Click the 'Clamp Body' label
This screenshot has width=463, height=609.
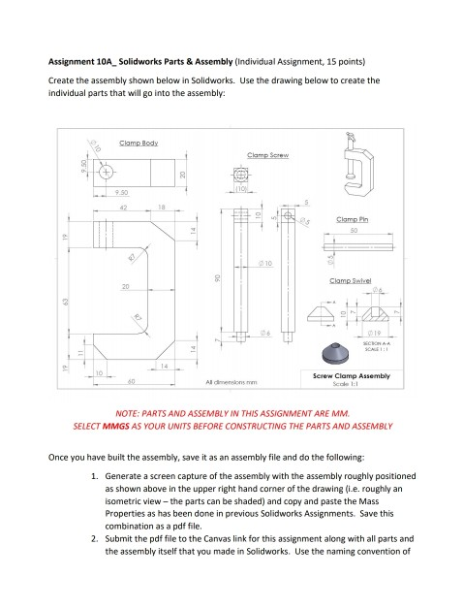(x=139, y=144)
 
